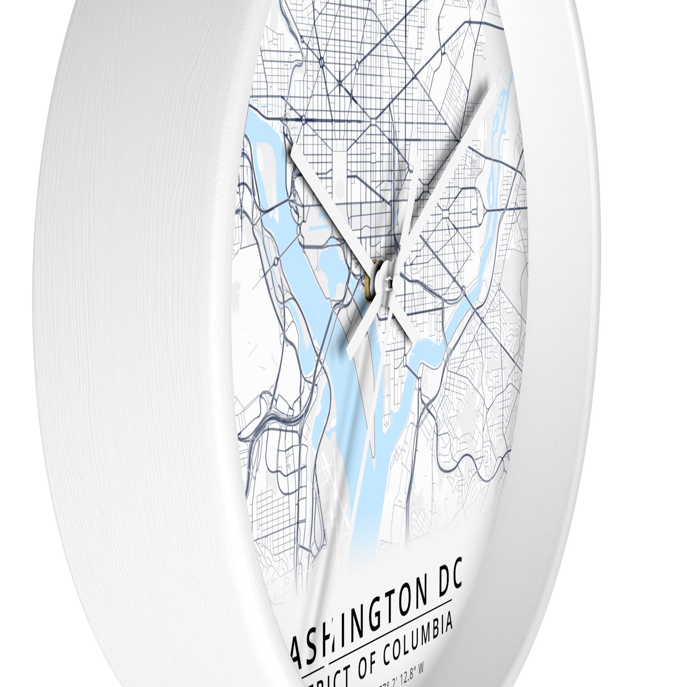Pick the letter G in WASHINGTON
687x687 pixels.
click(x=369, y=609)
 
